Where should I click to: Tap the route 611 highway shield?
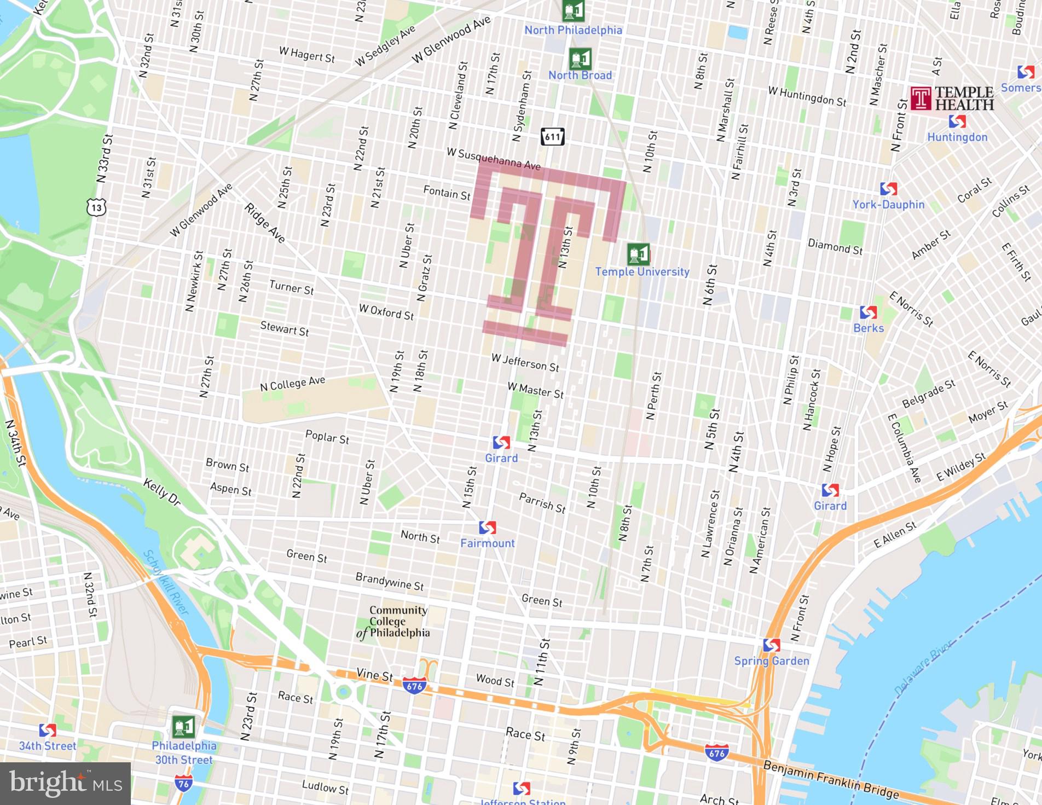pos(552,137)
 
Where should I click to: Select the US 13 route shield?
pos(96,207)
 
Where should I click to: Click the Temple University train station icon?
pos(638,254)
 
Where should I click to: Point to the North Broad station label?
pos(580,76)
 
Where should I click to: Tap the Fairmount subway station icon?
pos(487,528)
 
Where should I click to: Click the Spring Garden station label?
pos(771,661)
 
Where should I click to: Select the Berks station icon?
pos(868,312)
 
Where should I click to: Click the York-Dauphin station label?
pos(888,204)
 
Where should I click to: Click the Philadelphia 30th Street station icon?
pos(183,727)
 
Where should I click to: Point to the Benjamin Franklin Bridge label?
pos(830,779)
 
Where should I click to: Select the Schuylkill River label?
pos(165,582)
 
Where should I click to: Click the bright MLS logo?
pos(65,783)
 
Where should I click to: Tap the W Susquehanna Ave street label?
pos(493,159)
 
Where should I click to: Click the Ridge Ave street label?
pos(265,223)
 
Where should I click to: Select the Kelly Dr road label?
pos(162,491)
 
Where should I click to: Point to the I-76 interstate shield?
pos(184,784)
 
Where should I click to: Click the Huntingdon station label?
pos(957,137)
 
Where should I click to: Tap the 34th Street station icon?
pos(48,731)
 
